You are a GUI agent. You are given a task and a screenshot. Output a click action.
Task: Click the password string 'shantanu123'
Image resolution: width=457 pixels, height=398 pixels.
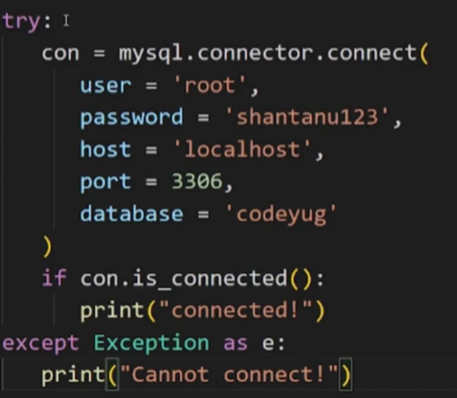click(307, 117)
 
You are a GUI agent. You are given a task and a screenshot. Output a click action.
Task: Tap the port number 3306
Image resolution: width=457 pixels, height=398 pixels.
click(197, 182)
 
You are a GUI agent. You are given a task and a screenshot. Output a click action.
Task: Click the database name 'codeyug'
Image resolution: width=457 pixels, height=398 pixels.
click(280, 214)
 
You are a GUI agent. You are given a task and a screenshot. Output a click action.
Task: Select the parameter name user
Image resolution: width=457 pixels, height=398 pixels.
click(106, 86)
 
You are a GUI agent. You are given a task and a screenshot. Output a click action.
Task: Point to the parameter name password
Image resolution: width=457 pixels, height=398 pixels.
click(131, 117)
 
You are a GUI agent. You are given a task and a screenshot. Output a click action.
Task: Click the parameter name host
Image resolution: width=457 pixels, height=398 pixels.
click(106, 150)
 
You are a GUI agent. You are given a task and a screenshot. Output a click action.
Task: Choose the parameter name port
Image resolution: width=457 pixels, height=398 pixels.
click(106, 182)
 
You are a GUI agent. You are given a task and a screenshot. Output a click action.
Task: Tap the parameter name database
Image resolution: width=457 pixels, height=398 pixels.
click(131, 214)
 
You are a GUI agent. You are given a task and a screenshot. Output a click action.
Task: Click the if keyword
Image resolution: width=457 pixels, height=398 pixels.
click(54, 279)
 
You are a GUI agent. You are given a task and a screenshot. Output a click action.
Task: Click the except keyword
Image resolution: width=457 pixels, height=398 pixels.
click(41, 343)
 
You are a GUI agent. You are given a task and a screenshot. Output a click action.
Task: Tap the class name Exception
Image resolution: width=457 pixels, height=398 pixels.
click(151, 343)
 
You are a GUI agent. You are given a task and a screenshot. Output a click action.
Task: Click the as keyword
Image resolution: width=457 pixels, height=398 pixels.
click(235, 343)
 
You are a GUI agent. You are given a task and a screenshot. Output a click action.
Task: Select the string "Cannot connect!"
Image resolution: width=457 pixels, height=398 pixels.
click(230, 375)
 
